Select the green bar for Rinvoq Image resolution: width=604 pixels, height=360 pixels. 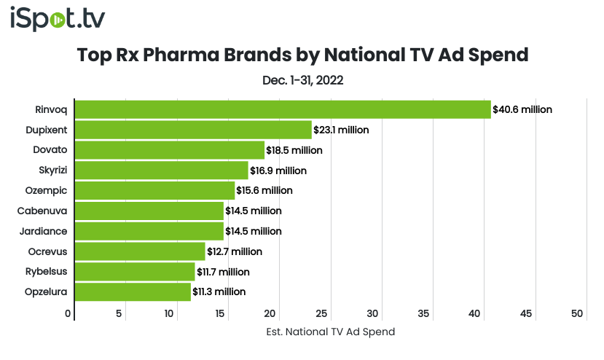(283, 109)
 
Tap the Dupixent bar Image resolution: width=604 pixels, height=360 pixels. (193, 130)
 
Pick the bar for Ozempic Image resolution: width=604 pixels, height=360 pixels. (154, 190)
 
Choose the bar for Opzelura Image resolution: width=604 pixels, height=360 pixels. (133, 291)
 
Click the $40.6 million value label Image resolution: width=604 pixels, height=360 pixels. (522, 109)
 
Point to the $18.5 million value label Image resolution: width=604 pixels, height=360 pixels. (294, 150)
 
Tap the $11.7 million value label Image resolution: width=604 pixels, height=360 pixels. (223, 272)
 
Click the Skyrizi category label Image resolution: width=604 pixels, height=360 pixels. (52, 171)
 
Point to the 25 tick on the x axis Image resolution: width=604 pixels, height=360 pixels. (321, 313)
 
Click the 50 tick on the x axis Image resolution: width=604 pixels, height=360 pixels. (577, 313)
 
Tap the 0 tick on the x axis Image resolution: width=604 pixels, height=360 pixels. (68, 313)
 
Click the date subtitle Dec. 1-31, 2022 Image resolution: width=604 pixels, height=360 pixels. (302, 80)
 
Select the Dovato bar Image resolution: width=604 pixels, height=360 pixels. (169, 150)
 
